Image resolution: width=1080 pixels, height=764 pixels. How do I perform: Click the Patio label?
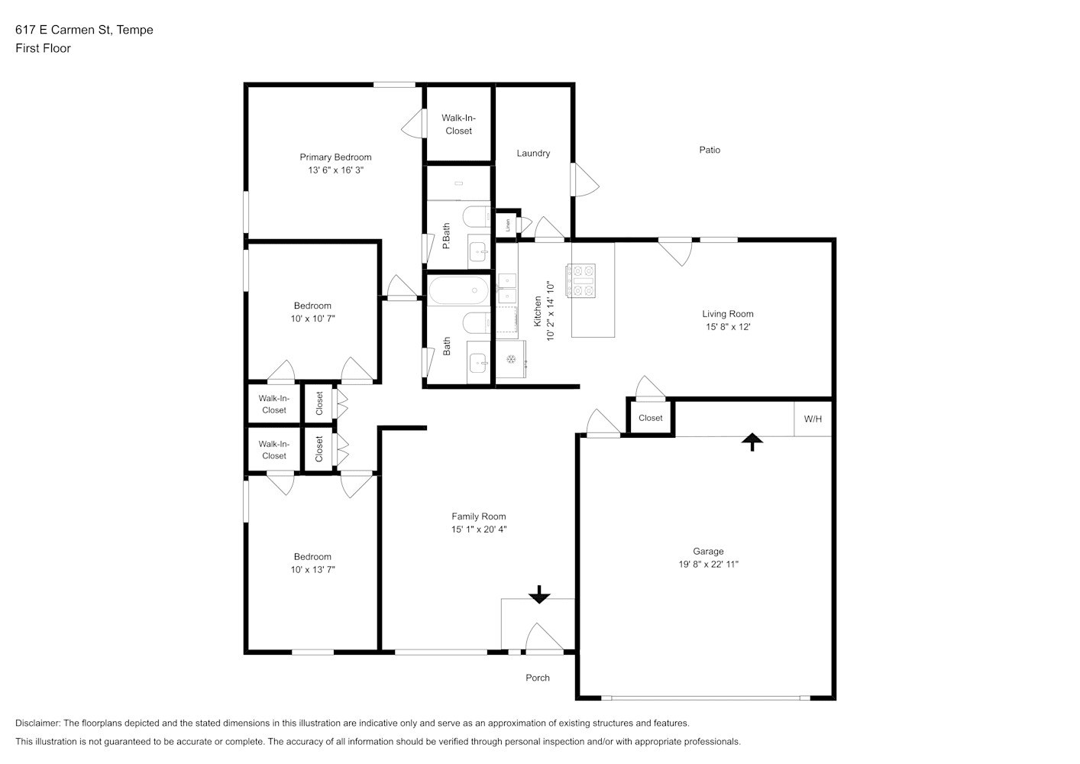point(710,150)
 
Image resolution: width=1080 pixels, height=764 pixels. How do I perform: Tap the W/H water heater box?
point(813,419)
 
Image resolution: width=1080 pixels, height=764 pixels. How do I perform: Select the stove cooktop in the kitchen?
point(581,280)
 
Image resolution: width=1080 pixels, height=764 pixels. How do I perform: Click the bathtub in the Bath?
point(458,290)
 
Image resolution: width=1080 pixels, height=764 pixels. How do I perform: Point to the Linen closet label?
point(508,225)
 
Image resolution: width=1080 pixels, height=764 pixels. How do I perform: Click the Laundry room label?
point(533,154)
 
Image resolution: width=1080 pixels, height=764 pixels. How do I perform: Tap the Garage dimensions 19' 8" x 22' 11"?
point(708,565)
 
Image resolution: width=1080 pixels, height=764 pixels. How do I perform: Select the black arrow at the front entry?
point(539,594)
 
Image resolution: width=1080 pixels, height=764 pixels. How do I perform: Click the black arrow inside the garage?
point(752,442)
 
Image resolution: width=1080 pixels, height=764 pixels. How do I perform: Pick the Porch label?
point(538,678)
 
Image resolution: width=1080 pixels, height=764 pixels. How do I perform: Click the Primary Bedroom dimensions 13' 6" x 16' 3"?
point(335,170)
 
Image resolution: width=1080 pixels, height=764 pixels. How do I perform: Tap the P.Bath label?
point(447,236)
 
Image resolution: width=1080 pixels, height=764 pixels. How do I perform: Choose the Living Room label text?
point(728,314)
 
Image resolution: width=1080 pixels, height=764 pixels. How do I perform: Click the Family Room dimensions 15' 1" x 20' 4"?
point(479,529)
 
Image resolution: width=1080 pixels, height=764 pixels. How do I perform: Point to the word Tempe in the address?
point(135,30)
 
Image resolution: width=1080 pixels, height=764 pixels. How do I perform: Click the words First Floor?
point(43,48)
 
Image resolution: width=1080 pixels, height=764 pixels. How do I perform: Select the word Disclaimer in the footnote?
point(37,723)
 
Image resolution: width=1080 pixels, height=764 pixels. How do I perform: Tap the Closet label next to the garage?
point(651,418)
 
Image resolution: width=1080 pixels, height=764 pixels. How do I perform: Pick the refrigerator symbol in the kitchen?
point(511,359)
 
